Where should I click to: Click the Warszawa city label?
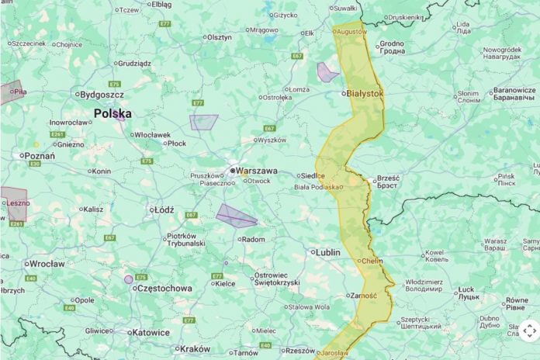tap(256, 171)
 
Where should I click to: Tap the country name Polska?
tap(112, 114)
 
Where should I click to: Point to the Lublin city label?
tap(327, 252)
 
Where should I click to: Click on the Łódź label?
tap(163, 210)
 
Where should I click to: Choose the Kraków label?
tap(194, 349)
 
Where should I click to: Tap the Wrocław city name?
tap(47, 264)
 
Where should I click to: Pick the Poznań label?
tap(39, 156)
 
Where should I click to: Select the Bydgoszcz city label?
tap(102, 95)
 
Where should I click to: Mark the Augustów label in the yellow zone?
tap(350, 32)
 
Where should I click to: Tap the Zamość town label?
tap(363, 296)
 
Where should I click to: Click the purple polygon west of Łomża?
tap(327, 73)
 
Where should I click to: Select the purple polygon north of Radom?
tap(234, 216)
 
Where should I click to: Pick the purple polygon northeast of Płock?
tap(204, 122)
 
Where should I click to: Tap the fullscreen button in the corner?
tap(529, 330)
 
